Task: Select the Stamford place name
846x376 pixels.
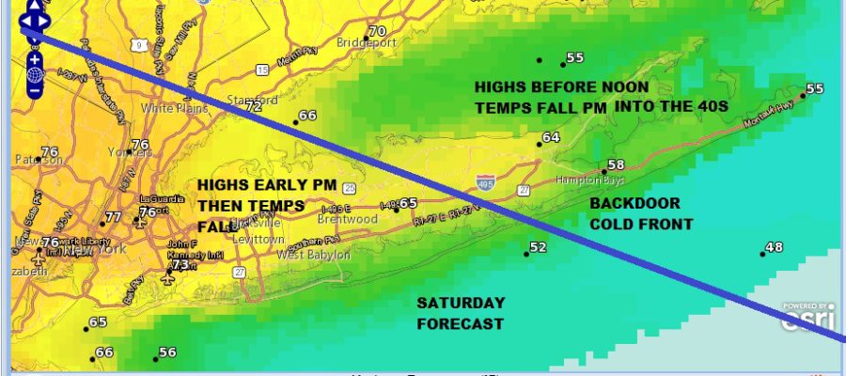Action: pos(254,100)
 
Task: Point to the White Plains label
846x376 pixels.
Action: pos(167,108)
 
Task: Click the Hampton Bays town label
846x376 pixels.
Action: pos(575,179)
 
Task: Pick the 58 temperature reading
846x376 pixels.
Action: pos(617,165)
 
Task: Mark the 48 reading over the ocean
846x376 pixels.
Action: pos(775,247)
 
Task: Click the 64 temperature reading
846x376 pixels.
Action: pos(551,137)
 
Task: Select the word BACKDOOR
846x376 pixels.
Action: pos(634,203)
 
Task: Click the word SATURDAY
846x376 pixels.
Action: pos(461,303)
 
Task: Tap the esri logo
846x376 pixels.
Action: pos(808,318)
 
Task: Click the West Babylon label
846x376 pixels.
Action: pos(313,255)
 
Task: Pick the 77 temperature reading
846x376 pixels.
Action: pos(114,217)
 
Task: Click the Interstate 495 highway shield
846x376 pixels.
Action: pos(486,184)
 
